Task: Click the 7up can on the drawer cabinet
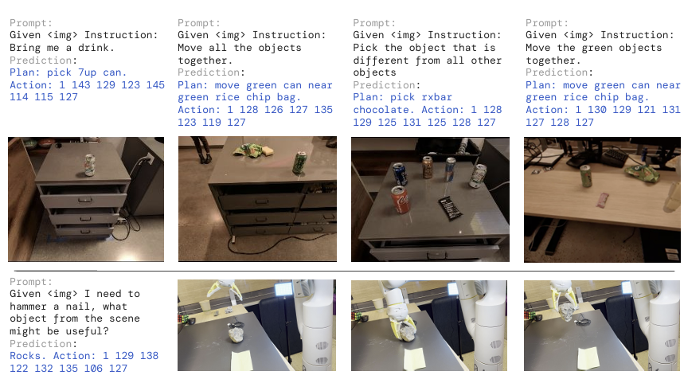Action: tap(90, 166)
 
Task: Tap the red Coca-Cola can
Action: tap(400, 200)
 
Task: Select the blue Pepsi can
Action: tap(400, 174)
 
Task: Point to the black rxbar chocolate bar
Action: tap(451, 209)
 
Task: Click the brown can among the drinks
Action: tap(428, 167)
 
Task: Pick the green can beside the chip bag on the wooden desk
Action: tap(586, 176)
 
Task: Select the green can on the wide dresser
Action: tap(300, 162)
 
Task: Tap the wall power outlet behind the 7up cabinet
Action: tap(150, 158)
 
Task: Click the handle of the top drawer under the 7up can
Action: tap(84, 200)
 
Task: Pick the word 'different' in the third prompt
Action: tap(381, 61)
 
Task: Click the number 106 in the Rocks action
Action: tap(93, 369)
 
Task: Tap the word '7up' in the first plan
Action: tap(88, 72)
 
